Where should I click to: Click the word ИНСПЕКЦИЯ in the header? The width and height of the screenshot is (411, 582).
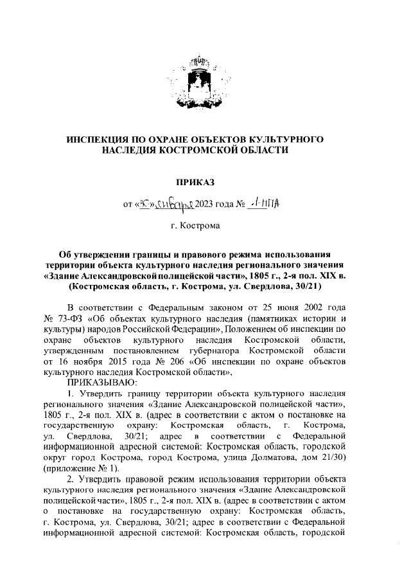pyautogui.click(x=102, y=139)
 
